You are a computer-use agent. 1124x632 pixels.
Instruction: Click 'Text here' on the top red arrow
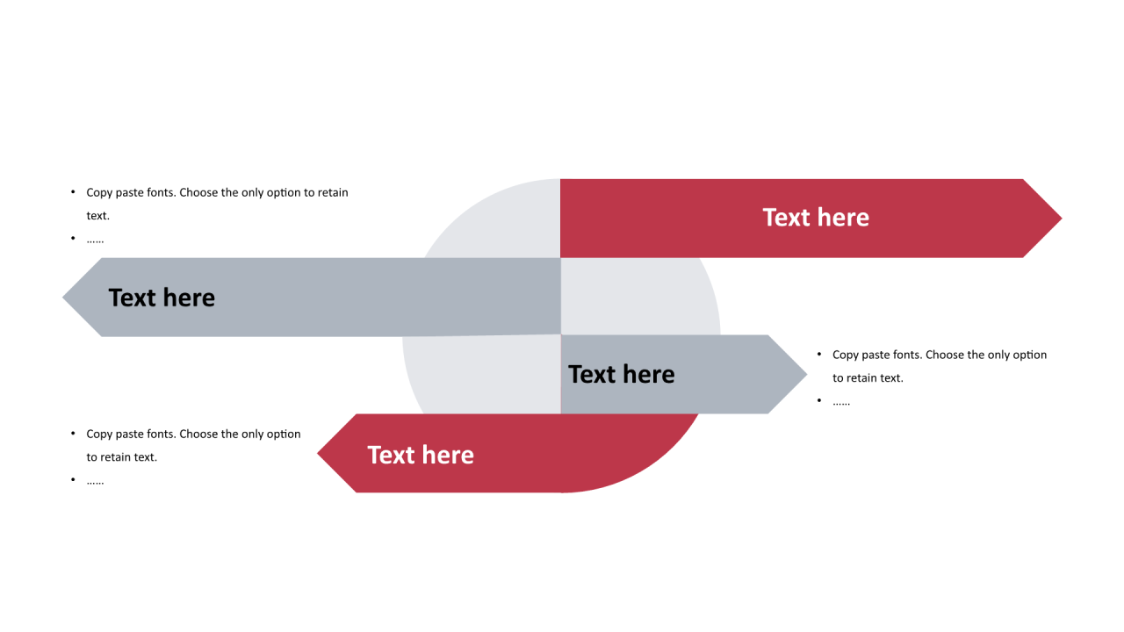tap(816, 218)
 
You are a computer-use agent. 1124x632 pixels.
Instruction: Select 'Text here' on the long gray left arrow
tap(162, 298)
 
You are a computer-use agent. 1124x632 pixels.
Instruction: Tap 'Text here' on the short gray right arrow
tap(621, 375)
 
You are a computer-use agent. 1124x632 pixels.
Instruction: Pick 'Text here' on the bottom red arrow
tap(421, 456)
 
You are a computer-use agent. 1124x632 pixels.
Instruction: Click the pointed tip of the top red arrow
tap(1062, 219)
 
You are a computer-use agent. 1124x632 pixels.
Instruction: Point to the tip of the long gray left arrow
tap(63, 298)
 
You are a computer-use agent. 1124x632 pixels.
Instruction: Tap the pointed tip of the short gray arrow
tap(806, 374)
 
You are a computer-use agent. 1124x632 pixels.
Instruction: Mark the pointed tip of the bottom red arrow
tap(318, 454)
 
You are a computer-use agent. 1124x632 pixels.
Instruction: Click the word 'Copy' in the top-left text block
tap(99, 193)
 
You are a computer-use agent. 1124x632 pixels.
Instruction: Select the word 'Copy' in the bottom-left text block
tap(99, 434)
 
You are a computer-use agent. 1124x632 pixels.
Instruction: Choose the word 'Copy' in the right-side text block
tap(846, 355)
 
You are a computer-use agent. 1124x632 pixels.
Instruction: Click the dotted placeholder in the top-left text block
tap(95, 241)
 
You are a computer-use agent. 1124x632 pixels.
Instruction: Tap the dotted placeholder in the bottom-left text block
tap(95, 483)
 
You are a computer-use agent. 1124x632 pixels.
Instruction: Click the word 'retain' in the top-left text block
tap(333, 192)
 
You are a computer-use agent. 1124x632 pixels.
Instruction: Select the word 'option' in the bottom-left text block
tap(284, 434)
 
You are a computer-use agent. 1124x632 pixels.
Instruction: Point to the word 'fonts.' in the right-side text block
tap(907, 355)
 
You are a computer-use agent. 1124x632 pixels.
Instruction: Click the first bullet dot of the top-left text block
tap(73, 191)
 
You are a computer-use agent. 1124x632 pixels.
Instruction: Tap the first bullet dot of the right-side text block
tap(819, 354)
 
